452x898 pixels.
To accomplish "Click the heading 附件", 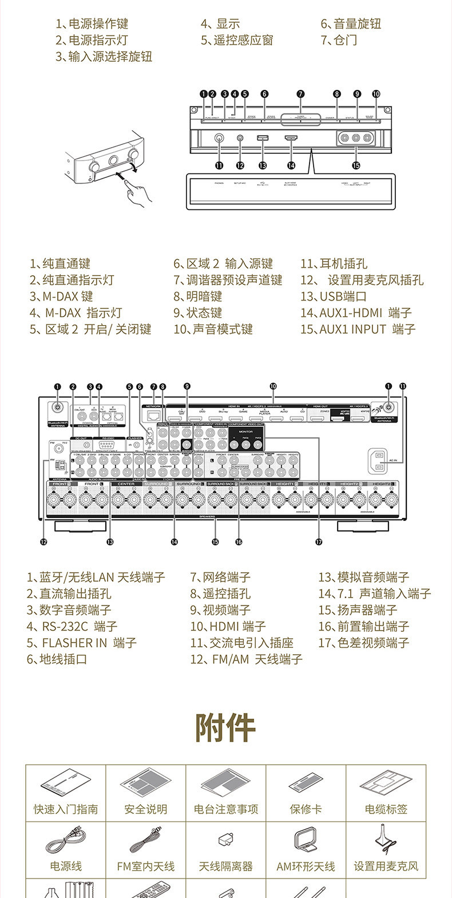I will pos(225,727).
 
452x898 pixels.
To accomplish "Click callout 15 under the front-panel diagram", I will pos(356,165).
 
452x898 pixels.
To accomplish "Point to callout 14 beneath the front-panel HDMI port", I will pos(291,165).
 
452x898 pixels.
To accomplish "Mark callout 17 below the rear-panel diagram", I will pos(319,541).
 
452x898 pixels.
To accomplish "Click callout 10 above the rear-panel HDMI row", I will pos(273,386).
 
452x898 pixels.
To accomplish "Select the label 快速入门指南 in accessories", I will pos(66,809).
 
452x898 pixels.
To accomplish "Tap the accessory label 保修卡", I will pos(306,809).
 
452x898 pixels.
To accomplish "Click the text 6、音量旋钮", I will pos(350,24).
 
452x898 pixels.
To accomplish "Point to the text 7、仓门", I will pos(339,40).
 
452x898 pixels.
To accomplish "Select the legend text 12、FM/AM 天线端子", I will pos(246,659).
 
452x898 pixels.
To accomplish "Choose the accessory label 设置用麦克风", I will pos(386,867).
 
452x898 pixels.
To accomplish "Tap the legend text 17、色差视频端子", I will pos(363,643).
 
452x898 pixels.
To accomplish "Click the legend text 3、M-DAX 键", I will pos(61,296).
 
